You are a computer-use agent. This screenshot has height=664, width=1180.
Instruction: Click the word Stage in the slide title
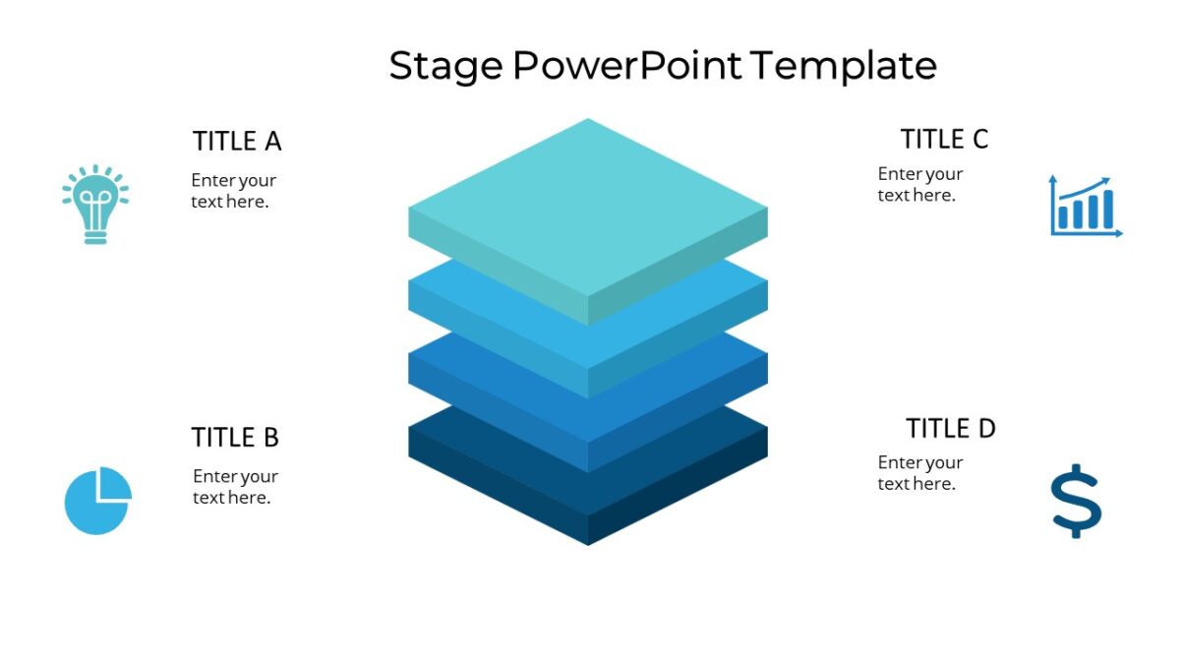click(445, 67)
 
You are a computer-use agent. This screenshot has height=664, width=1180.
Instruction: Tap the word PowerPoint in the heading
click(625, 67)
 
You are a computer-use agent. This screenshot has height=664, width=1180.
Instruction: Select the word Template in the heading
click(843, 67)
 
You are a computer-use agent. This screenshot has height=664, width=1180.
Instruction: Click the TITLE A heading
click(237, 142)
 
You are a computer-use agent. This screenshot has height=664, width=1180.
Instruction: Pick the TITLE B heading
click(235, 437)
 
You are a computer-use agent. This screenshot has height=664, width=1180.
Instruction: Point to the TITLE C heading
click(944, 140)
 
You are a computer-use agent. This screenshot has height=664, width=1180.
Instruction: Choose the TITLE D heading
click(950, 429)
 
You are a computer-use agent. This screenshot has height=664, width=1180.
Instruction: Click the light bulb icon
click(95, 204)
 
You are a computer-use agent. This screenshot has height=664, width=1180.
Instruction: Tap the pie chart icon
click(97, 501)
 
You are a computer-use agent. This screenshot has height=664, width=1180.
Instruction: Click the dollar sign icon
click(1076, 500)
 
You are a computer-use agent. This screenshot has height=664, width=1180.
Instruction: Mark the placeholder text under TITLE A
click(233, 191)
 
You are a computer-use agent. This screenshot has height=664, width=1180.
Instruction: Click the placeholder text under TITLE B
click(235, 487)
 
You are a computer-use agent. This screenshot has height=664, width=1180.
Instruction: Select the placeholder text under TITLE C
click(920, 185)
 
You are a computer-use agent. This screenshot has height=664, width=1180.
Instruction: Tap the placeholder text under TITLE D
click(920, 473)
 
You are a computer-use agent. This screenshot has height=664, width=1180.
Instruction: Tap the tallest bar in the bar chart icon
click(1108, 209)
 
